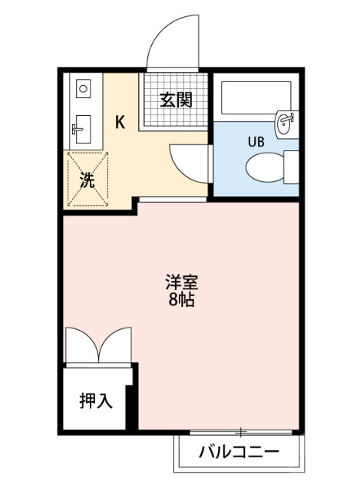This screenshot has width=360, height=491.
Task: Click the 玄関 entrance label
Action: coord(176,100)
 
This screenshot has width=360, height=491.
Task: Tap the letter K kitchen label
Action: coord(121,121)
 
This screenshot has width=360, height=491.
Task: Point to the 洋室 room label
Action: coord(182,282)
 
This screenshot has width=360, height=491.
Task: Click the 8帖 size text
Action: coord(182,299)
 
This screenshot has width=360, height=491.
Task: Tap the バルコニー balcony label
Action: coord(239,451)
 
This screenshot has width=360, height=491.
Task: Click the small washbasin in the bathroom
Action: coord(286,120)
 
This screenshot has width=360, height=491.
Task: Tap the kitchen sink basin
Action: coord(82,128)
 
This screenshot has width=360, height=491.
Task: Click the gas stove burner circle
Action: coord(83,89)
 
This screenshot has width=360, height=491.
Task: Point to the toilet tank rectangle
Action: coord(291,166)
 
